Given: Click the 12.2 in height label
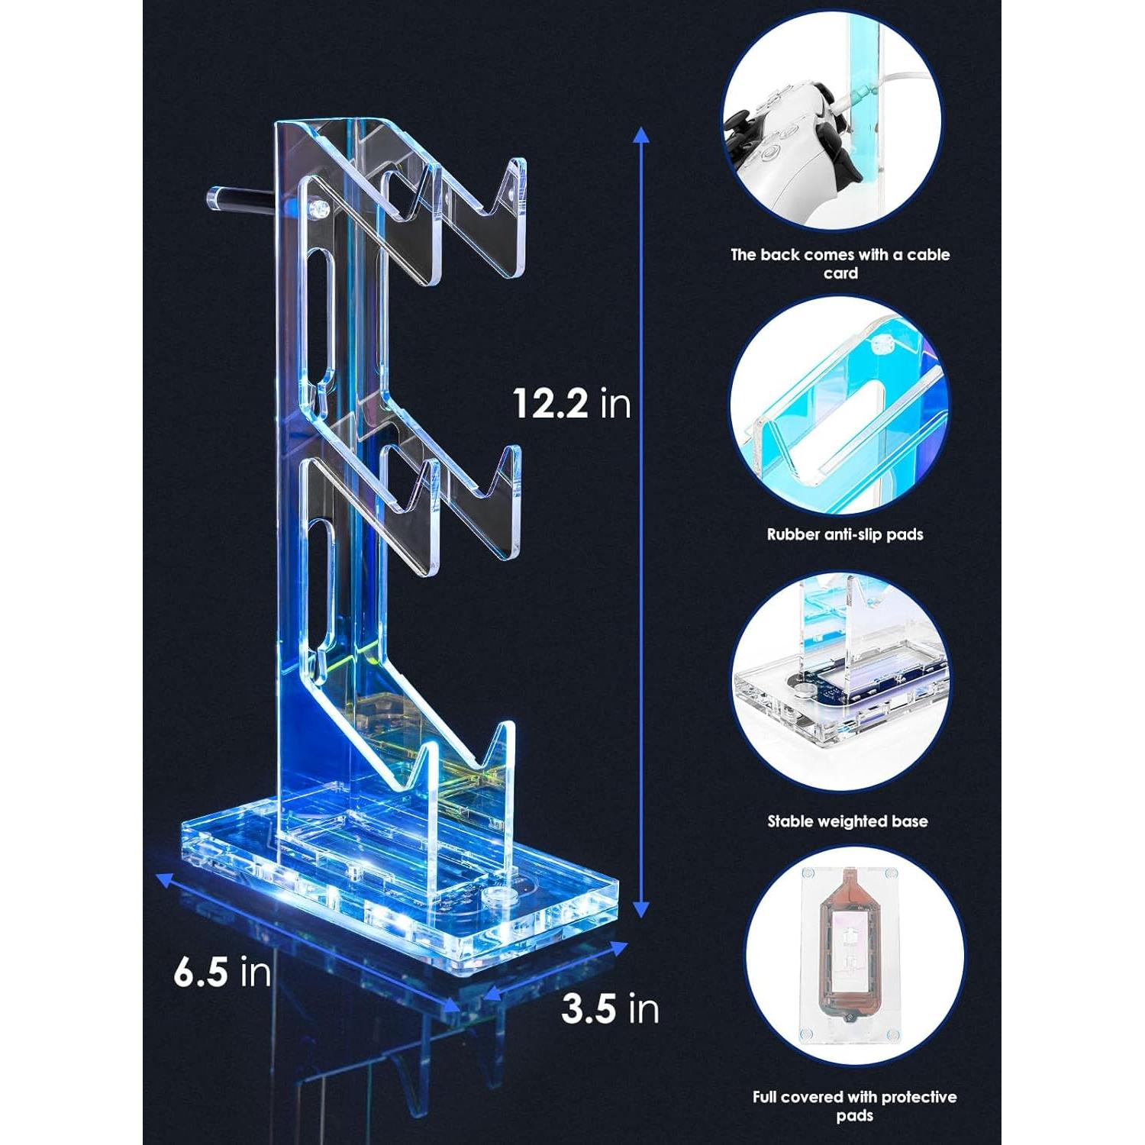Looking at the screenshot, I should click(572, 402).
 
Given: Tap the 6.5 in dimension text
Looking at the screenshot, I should click(222, 972).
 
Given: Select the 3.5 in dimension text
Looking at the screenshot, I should click(610, 1008).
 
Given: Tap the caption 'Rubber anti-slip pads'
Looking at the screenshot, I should click(845, 534).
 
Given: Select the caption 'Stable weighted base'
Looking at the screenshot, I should click(847, 821).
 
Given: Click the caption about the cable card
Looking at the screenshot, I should click(840, 263).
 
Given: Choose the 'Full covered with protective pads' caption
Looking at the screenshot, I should click(854, 1106).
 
